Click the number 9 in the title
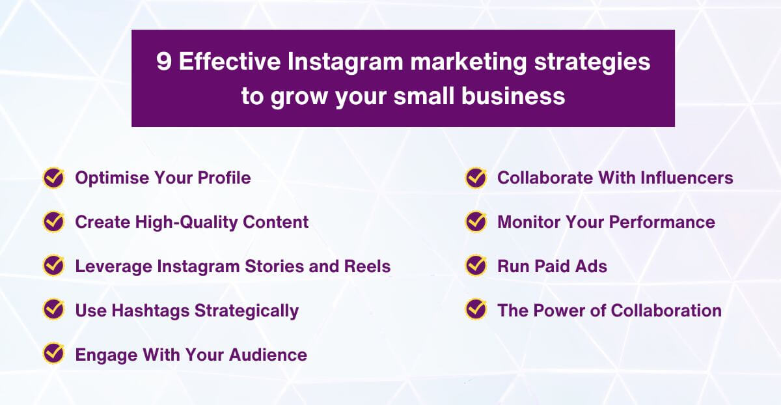(164, 63)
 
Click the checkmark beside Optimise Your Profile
(53, 178)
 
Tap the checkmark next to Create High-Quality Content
(53, 222)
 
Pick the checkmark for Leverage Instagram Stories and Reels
(53, 266)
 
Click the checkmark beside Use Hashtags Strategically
(53, 310)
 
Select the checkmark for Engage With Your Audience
(53, 354)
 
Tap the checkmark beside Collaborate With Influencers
(476, 178)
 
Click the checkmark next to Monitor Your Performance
(476, 222)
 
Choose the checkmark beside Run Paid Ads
(476, 266)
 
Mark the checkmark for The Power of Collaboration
(476, 310)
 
